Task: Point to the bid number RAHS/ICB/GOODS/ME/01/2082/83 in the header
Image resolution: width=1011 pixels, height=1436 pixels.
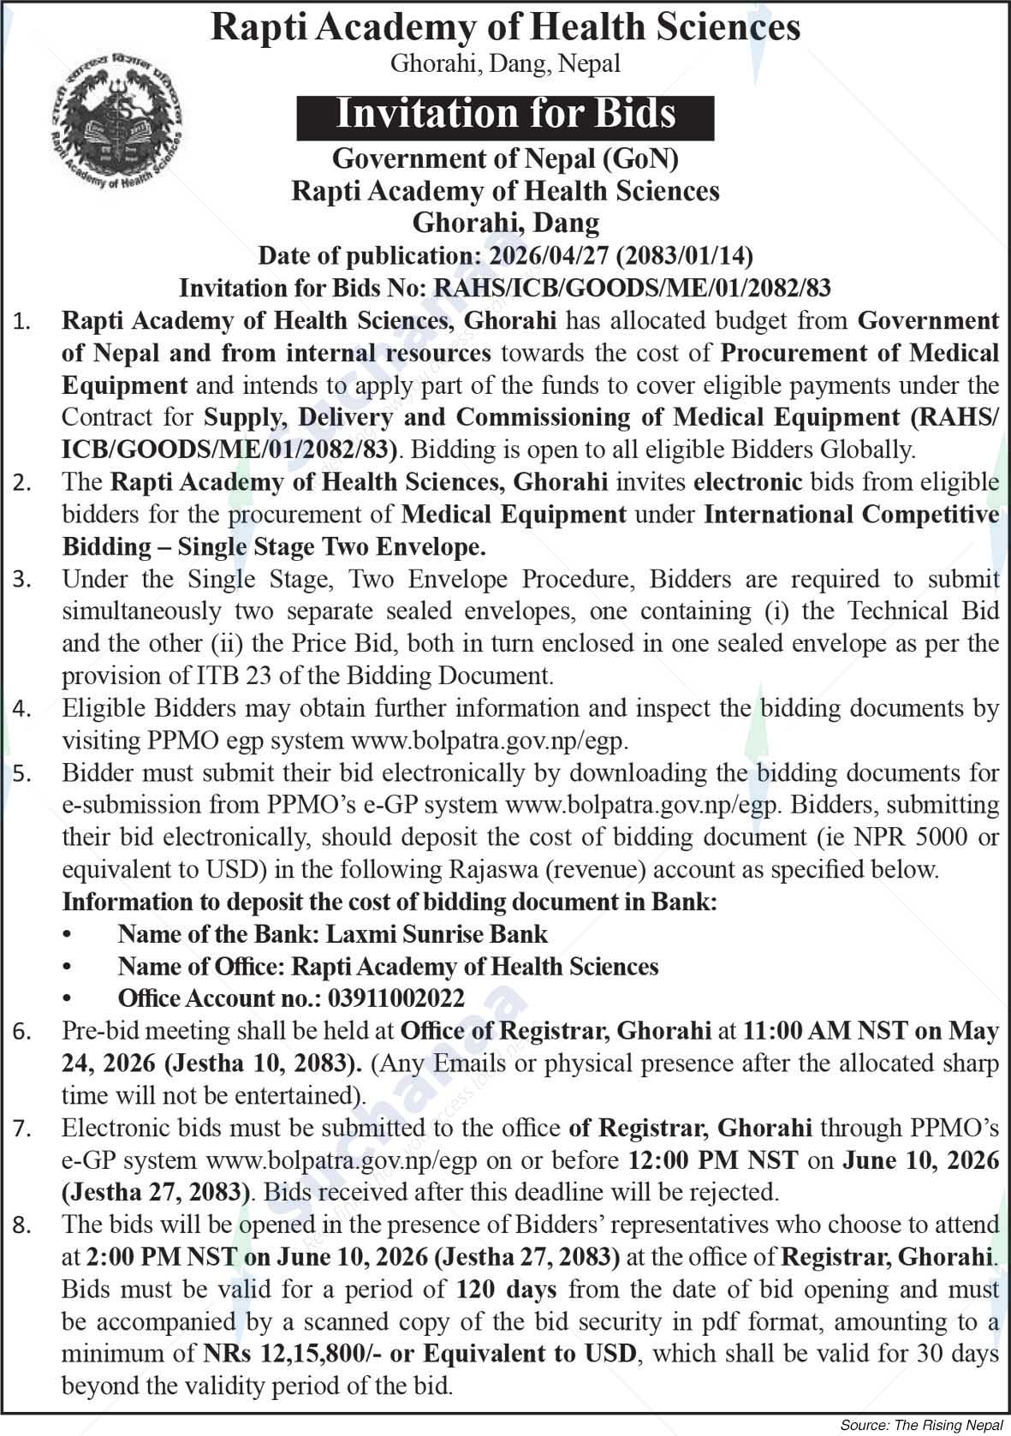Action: (633, 288)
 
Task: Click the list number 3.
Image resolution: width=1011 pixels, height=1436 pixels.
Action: (21, 581)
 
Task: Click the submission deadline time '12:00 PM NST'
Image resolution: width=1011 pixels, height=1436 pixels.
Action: (713, 1160)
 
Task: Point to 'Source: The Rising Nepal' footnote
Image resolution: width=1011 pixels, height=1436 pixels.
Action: (920, 1426)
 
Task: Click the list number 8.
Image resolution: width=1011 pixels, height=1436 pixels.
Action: (21, 1226)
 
